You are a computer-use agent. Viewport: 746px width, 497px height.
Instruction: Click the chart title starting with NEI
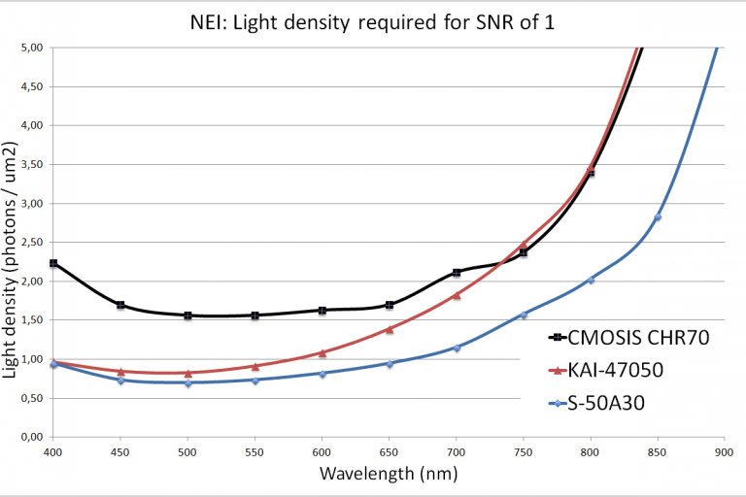point(373,20)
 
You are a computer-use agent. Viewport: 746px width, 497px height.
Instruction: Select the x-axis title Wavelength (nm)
point(388,475)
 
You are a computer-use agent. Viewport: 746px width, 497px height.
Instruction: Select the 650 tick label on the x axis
point(390,452)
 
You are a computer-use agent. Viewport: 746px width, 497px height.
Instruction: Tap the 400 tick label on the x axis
point(53,452)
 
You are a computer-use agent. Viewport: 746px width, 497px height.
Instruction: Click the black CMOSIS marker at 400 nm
point(53,263)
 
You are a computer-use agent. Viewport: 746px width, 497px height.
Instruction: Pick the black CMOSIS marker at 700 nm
point(457,273)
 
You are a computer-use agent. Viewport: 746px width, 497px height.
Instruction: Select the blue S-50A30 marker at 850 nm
point(658,217)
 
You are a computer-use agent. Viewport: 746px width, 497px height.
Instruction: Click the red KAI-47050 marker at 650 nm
point(390,329)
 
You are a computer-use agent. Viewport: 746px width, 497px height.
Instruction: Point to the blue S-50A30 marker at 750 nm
point(524,315)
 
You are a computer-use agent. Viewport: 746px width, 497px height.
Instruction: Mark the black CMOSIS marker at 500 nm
point(187,315)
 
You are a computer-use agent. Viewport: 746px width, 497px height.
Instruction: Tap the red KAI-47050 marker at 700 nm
point(457,295)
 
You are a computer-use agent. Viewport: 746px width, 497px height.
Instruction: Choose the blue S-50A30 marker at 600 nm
point(322,374)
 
